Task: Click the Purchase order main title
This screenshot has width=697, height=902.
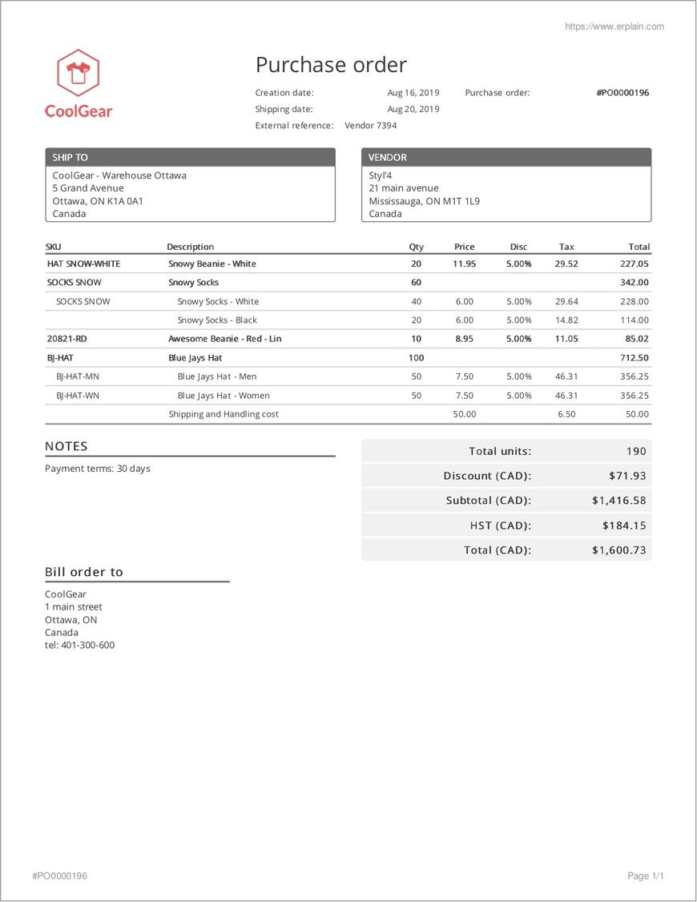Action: tap(331, 65)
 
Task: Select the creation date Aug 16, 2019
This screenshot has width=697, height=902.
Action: tap(413, 93)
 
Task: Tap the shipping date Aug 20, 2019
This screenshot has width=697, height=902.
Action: tap(413, 109)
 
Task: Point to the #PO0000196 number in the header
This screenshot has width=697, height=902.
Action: tap(622, 93)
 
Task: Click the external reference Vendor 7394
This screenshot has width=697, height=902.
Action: tap(370, 126)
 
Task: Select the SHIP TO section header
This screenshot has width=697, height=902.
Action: tap(190, 158)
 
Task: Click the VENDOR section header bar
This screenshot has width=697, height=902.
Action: tap(506, 158)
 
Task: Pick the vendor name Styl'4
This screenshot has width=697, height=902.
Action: tap(380, 175)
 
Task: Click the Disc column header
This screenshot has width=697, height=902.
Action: tap(518, 247)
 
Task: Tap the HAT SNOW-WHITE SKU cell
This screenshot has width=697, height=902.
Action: tap(83, 264)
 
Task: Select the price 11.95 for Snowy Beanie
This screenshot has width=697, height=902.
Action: tap(464, 264)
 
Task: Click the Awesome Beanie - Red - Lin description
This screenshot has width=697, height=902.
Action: tap(224, 339)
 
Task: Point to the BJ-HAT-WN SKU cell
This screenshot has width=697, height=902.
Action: tap(78, 396)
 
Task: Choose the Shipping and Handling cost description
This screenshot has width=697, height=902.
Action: tap(224, 414)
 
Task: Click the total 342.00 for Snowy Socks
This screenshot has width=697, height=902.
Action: tap(634, 283)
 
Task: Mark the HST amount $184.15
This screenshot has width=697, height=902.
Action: tap(624, 525)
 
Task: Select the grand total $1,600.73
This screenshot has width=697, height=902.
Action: tap(618, 550)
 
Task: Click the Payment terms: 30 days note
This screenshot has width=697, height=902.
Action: tap(98, 469)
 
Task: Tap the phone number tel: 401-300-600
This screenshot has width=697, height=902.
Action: tap(79, 645)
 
